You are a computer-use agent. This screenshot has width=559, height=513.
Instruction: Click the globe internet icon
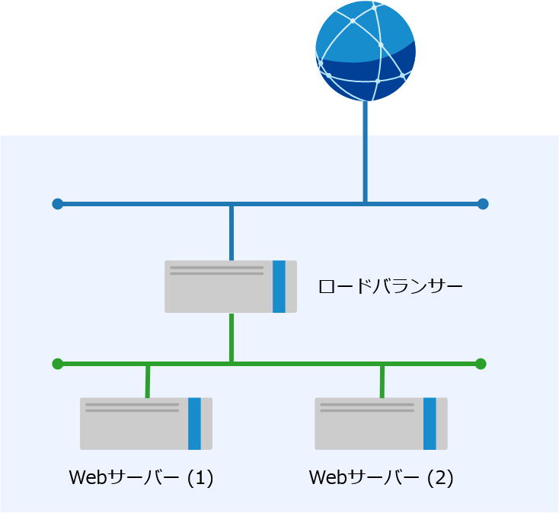click(366, 52)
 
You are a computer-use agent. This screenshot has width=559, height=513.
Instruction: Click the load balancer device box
click(230, 286)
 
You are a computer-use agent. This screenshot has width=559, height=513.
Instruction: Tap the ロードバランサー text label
click(390, 287)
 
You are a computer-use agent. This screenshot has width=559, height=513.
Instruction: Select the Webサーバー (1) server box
click(145, 423)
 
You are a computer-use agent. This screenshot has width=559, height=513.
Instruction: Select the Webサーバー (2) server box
click(381, 423)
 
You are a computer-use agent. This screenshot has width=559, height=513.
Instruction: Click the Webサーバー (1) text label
click(141, 478)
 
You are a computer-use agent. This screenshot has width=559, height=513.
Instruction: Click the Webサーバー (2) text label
click(381, 478)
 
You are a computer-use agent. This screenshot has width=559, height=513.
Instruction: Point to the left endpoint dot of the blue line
click(57, 204)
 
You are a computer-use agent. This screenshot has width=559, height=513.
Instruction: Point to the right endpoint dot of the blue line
click(482, 204)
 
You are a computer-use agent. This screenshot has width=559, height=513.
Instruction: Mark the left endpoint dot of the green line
click(57, 364)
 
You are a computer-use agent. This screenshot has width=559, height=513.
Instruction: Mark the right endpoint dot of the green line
click(481, 364)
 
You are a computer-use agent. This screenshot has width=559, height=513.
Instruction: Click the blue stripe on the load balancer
click(279, 286)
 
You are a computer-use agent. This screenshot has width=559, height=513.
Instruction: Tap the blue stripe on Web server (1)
click(194, 423)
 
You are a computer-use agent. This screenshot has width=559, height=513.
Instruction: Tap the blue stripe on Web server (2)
click(430, 423)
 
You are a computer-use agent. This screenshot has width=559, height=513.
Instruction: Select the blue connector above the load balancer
click(232, 232)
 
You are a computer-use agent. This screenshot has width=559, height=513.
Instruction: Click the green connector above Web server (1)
click(148, 381)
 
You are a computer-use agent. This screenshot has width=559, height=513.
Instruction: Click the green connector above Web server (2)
click(382, 381)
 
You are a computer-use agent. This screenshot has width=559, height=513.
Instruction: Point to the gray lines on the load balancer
click(216, 270)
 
